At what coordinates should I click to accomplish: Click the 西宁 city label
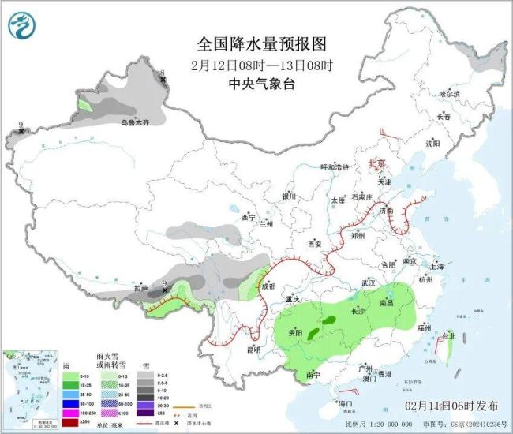(249, 217)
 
